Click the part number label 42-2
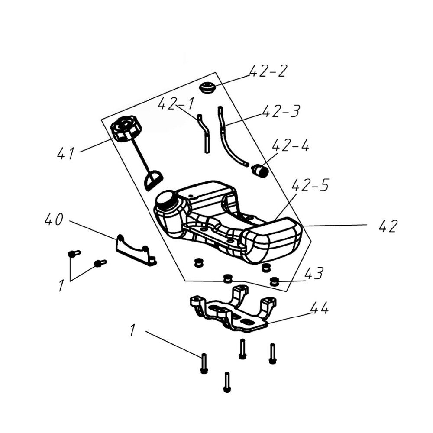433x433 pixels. [x=268, y=71]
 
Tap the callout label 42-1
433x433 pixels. [x=176, y=103]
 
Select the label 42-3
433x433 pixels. [x=281, y=111]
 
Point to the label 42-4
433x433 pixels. [x=291, y=145]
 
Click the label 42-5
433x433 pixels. [x=310, y=185]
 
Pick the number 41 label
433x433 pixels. [x=66, y=153]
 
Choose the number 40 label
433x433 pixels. [x=54, y=220]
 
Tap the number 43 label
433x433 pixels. [x=313, y=273]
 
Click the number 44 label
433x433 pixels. [x=320, y=308]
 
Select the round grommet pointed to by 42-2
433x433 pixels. [x=207, y=87]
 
